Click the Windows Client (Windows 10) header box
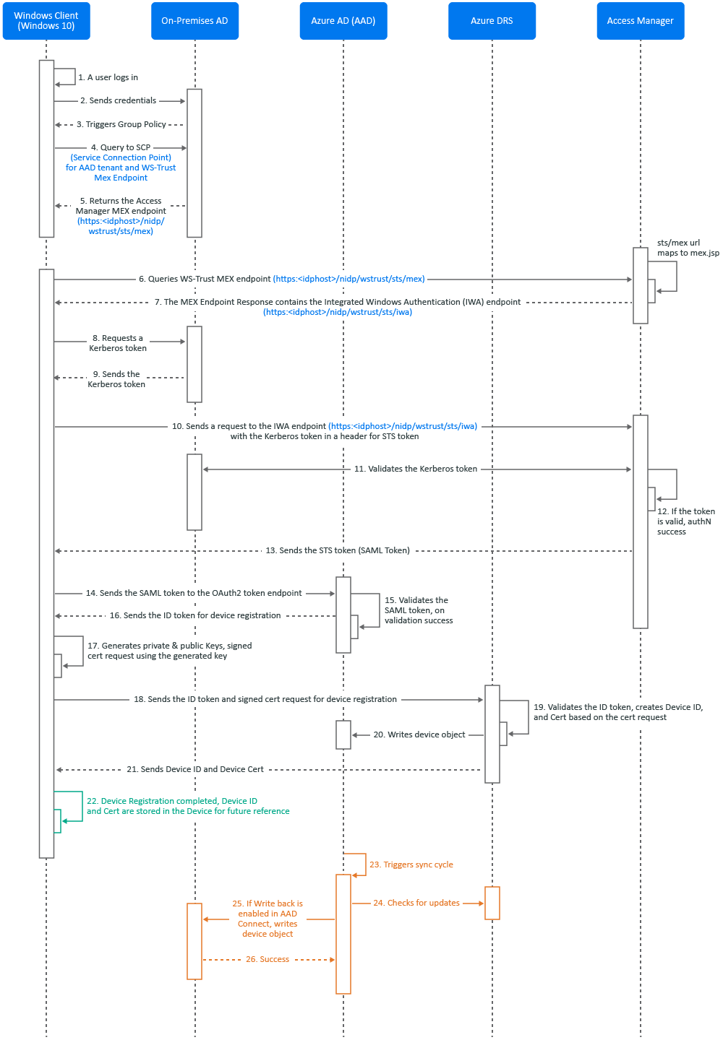46,21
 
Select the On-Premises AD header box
194,21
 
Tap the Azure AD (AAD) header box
343,21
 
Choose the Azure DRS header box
492,21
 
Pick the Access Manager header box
641,21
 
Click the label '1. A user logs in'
108,77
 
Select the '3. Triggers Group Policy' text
121,124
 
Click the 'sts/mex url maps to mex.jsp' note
688,248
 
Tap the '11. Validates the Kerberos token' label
415,469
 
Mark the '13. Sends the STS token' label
338,550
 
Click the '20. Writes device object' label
419,734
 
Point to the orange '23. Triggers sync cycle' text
411,864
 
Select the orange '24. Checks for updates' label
416,903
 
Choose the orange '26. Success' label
268,959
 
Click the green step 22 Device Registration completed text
188,806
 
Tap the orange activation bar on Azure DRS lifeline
492,903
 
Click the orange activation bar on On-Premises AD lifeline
194,941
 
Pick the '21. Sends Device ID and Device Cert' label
195,769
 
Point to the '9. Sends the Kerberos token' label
117,379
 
